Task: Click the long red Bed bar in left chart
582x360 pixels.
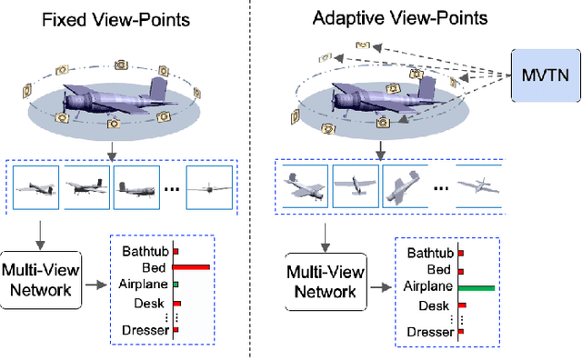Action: pyautogui.click(x=191, y=267)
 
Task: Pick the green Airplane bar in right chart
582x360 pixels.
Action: pyautogui.click(x=477, y=287)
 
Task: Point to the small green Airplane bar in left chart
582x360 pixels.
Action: pyautogui.click(x=176, y=285)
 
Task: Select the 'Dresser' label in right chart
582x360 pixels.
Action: pyautogui.click(x=430, y=333)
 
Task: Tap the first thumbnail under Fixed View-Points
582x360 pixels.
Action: pyautogui.click(x=35, y=187)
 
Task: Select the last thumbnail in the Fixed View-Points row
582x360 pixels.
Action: pyautogui.click(x=208, y=187)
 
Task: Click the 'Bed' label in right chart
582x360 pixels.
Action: pyautogui.click(x=438, y=270)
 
